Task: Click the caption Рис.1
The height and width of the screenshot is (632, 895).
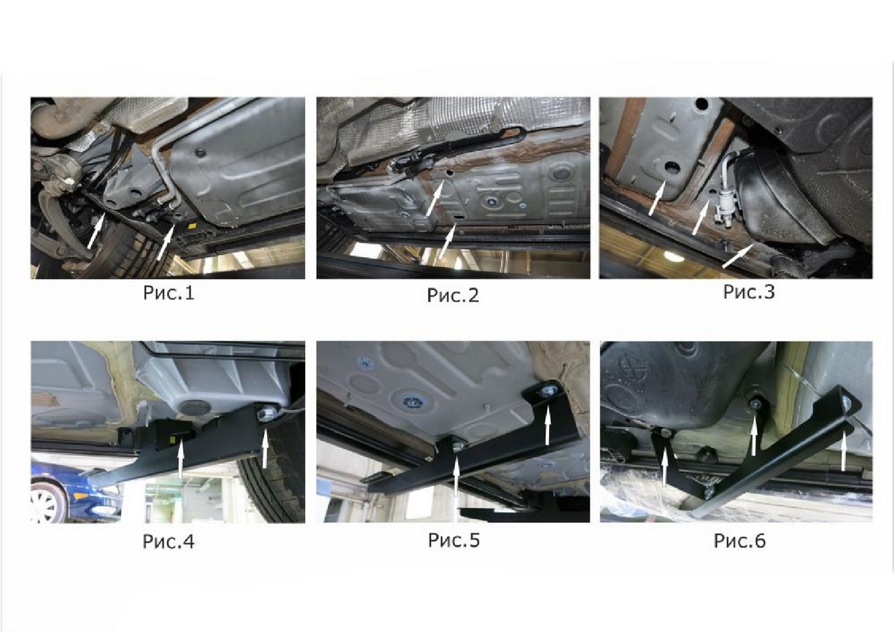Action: click(169, 294)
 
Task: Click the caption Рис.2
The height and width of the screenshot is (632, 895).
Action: click(453, 295)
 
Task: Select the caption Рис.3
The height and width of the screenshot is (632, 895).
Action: click(749, 292)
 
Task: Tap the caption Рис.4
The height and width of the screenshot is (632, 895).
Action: click(169, 542)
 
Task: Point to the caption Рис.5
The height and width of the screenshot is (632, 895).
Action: click(453, 540)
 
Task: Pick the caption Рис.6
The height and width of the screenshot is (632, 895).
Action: click(740, 541)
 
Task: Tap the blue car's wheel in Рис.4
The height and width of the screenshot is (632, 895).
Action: click(47, 504)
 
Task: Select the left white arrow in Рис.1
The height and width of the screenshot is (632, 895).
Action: click(96, 231)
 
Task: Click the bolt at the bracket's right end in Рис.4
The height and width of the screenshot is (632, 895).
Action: click(265, 412)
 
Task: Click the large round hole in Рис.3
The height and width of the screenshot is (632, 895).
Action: click(673, 171)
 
